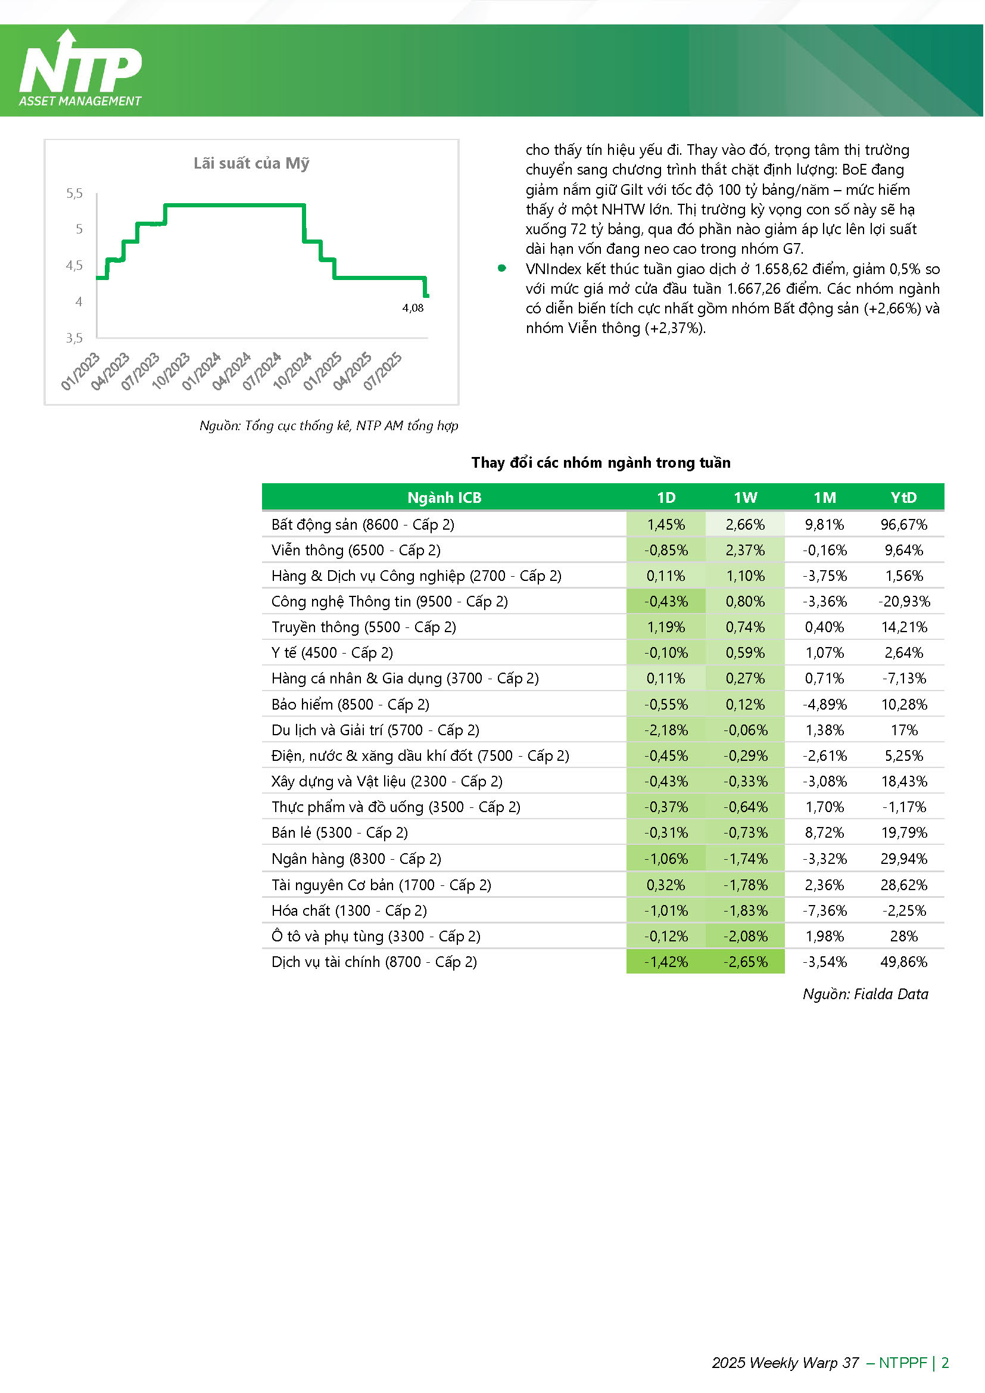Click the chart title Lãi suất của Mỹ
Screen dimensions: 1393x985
click(252, 163)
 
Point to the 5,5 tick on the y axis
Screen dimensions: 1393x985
click(74, 194)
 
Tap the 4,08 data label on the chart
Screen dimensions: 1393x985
click(413, 308)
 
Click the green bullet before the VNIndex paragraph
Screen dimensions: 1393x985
click(502, 268)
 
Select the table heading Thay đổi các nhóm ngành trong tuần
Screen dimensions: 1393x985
click(601, 463)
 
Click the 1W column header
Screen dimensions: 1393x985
click(746, 498)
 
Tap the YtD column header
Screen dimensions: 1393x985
click(904, 498)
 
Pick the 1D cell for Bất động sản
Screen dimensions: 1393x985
click(666, 525)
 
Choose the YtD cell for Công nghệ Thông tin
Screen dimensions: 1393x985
click(904, 602)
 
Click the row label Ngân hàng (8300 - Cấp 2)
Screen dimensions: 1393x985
click(357, 859)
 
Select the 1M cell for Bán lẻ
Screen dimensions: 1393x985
click(824, 833)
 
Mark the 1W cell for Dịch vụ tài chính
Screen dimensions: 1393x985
click(746, 962)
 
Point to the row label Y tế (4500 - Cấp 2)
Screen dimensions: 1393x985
click(332, 654)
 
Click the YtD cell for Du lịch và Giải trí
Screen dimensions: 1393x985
click(904, 730)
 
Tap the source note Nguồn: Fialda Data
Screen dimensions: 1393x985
click(865, 994)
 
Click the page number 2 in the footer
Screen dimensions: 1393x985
click(945, 1363)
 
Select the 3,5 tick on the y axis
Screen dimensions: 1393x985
click(74, 338)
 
